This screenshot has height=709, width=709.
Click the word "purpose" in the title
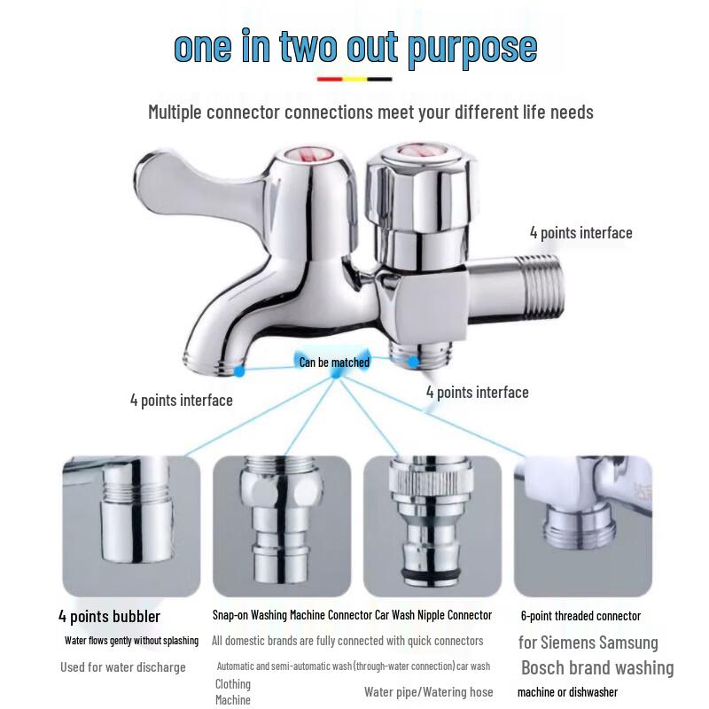(472, 47)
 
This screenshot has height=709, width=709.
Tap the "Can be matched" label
(334, 362)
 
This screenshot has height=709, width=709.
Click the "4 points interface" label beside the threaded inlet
(581, 233)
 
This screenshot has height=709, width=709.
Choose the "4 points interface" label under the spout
(182, 401)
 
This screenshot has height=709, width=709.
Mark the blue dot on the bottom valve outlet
(412, 362)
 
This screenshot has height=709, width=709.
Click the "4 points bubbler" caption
(109, 616)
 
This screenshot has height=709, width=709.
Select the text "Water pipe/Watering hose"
(429, 692)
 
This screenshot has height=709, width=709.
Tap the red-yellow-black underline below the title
(354, 79)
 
